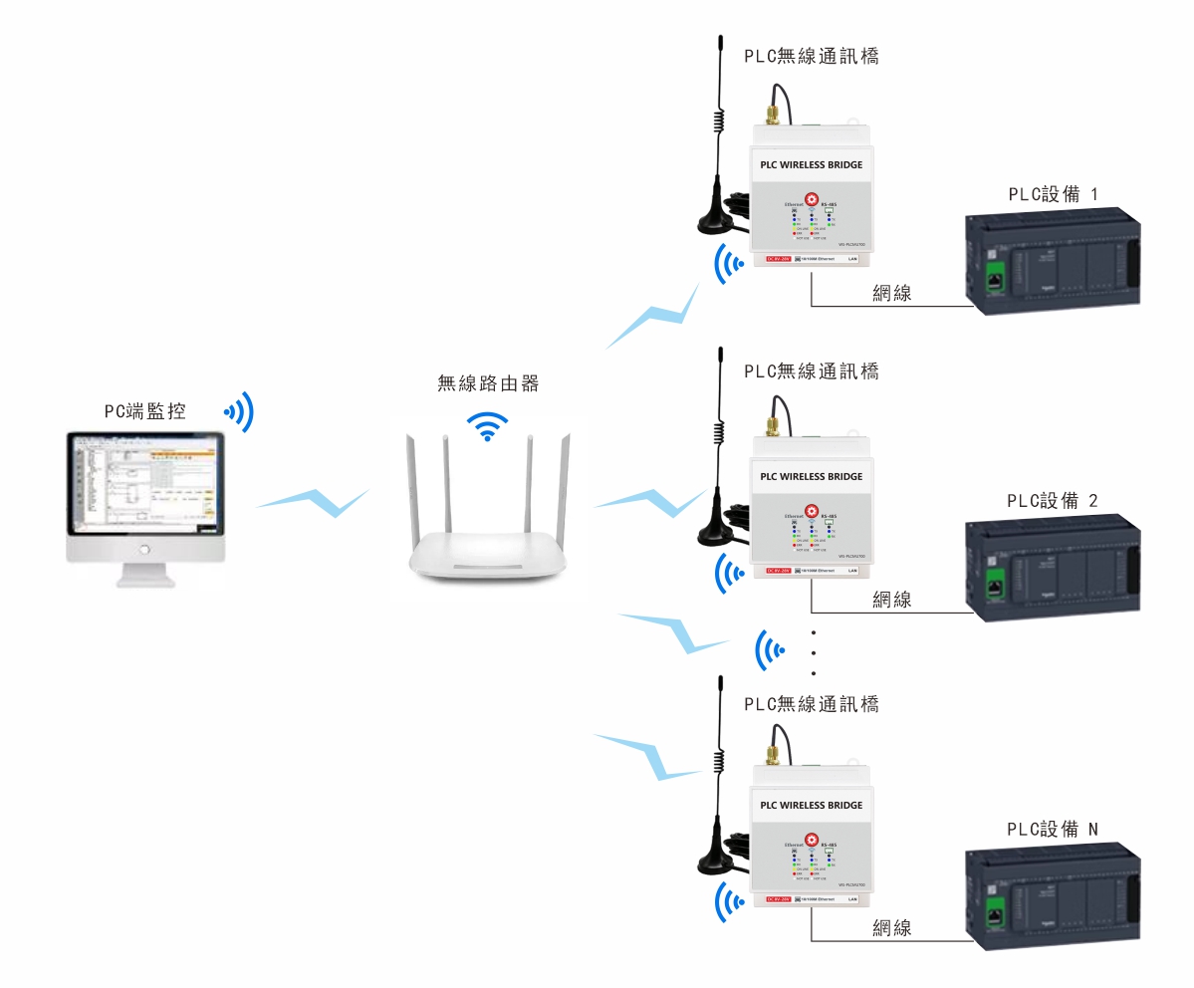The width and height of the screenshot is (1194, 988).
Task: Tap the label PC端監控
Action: (x=144, y=410)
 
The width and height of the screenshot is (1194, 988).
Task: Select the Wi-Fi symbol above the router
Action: (x=487, y=425)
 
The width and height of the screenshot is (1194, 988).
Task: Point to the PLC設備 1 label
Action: (x=1053, y=194)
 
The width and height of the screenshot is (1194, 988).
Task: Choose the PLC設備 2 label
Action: (x=1053, y=501)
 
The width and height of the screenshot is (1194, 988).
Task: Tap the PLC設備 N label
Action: (x=1053, y=830)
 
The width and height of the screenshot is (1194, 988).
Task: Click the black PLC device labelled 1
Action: (x=1052, y=263)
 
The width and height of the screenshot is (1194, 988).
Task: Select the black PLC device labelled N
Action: (x=1052, y=896)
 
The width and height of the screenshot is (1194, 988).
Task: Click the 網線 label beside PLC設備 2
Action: (x=891, y=600)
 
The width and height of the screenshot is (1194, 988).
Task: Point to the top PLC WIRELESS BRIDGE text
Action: (x=811, y=164)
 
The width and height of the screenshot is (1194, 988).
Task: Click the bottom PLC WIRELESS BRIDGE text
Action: (x=811, y=805)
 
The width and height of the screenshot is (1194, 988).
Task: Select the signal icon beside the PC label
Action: (x=239, y=410)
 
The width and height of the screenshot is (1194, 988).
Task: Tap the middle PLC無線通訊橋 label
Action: (x=812, y=371)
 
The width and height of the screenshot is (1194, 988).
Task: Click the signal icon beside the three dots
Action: (x=769, y=651)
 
